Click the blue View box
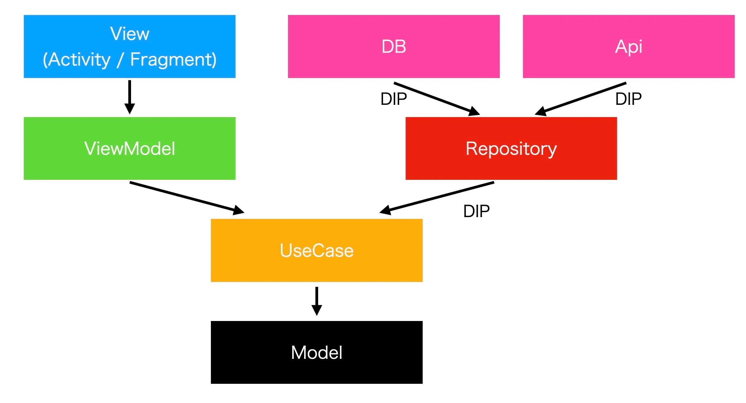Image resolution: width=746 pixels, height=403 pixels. (x=130, y=46)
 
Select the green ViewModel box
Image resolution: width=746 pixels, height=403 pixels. (x=130, y=148)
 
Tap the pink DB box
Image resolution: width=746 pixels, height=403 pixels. (x=394, y=46)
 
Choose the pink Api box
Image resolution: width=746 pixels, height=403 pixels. (x=629, y=46)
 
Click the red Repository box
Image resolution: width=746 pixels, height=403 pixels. (x=511, y=148)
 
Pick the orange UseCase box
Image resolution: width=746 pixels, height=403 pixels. (x=317, y=250)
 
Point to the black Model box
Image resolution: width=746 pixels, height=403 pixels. (x=317, y=352)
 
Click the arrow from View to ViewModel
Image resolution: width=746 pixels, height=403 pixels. (x=130, y=97)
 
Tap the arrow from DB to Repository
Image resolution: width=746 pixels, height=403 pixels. (x=437, y=99)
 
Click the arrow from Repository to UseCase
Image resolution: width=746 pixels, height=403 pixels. (x=436, y=198)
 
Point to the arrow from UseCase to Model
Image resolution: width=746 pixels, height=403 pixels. (x=317, y=301)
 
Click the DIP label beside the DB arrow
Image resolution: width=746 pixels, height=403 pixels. (x=394, y=99)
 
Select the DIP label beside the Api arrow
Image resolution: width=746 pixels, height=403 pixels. (x=628, y=99)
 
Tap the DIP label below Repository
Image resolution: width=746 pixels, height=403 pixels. (x=476, y=211)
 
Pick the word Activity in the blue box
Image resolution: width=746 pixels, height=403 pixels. (x=79, y=60)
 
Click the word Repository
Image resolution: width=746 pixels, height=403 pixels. (x=511, y=149)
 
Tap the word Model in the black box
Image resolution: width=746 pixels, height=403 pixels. (x=317, y=352)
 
